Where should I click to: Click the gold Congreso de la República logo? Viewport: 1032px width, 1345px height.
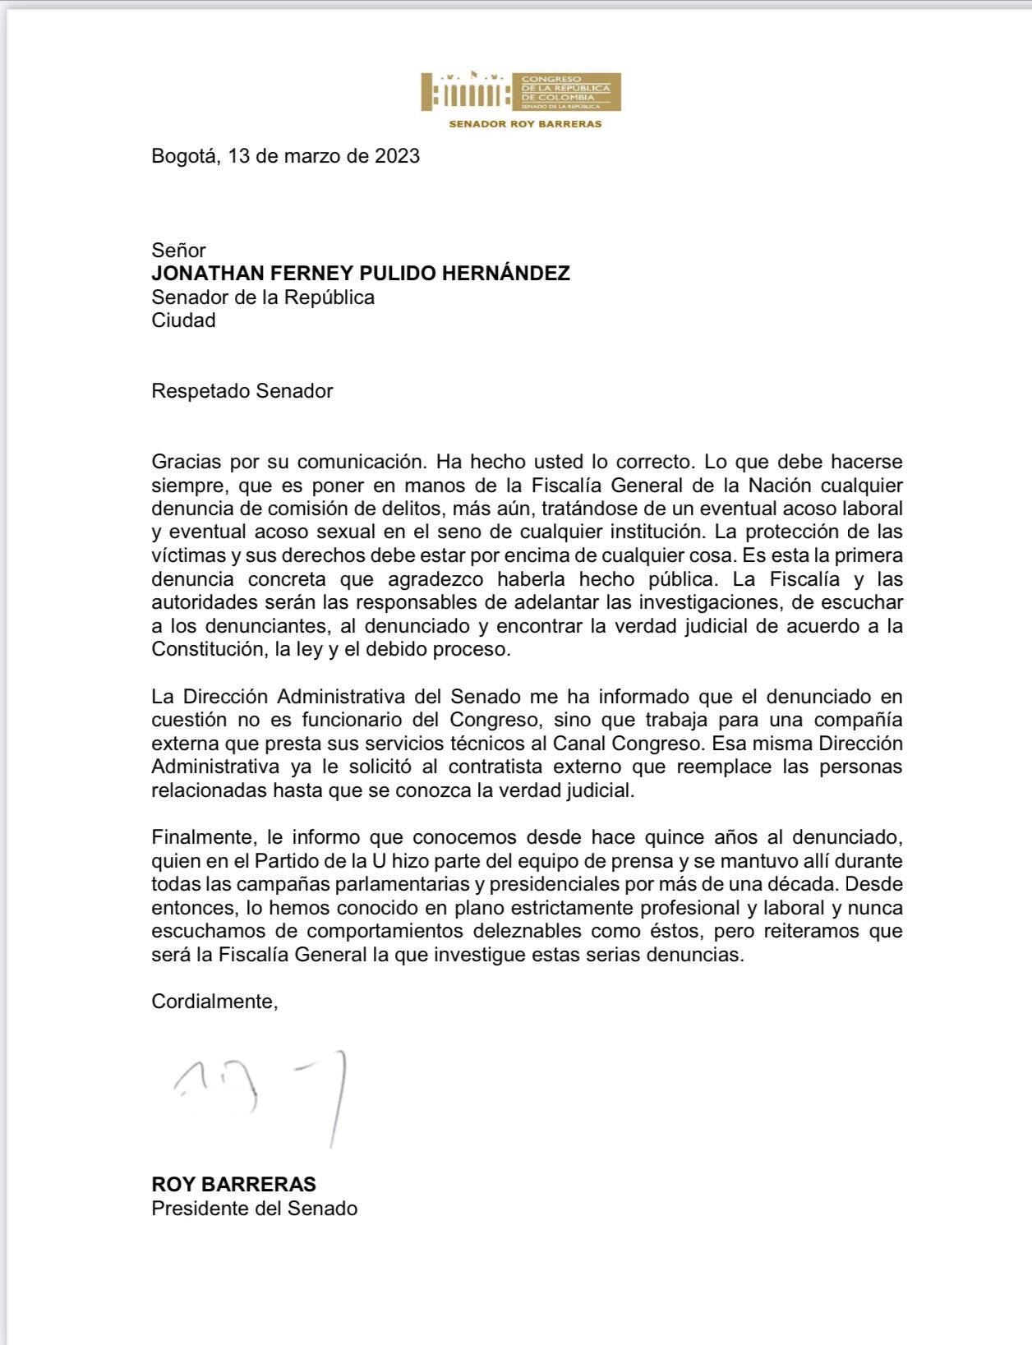(521, 91)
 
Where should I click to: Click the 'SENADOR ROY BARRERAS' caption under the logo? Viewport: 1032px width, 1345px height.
(525, 124)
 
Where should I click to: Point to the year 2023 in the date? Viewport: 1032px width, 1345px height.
(398, 156)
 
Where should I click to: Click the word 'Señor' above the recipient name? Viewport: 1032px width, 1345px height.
(178, 250)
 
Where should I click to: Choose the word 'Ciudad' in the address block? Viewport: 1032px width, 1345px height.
(183, 320)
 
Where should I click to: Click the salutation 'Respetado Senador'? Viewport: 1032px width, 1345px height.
(242, 391)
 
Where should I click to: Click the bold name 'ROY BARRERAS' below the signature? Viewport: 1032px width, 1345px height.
(233, 1185)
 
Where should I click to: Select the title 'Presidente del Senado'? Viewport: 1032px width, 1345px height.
(254, 1209)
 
